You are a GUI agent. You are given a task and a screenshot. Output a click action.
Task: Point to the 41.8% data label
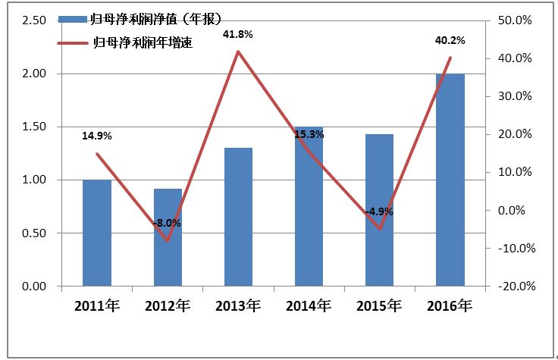pyautogui.click(x=237, y=34)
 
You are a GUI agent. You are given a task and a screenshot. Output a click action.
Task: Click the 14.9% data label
pyautogui.click(x=97, y=136)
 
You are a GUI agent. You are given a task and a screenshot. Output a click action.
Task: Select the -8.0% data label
pyautogui.click(x=167, y=224)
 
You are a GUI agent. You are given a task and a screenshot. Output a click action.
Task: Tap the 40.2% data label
pyautogui.click(x=450, y=40)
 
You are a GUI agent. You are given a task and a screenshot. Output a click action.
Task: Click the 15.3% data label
pyautogui.click(x=309, y=135)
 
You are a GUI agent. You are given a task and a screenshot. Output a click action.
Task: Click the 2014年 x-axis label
pyautogui.click(x=309, y=307)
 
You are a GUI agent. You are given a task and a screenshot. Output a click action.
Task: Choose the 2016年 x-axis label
pyautogui.click(x=450, y=307)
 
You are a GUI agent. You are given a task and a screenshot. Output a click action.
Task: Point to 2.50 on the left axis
pyautogui.click(x=35, y=20)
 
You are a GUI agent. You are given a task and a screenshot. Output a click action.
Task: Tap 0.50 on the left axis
pyautogui.click(x=35, y=233)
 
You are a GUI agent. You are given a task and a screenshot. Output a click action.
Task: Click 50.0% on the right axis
pyautogui.click(x=519, y=20)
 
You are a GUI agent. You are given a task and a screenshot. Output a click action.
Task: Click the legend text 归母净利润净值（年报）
pyautogui.click(x=146, y=18)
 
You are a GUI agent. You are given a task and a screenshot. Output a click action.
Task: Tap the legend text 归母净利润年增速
pyautogui.click(x=141, y=43)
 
